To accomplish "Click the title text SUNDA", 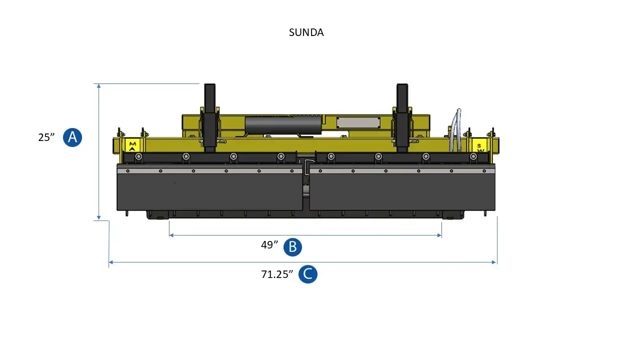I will point(306,32).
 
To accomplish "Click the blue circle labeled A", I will point(72,137).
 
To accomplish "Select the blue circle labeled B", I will point(292,246).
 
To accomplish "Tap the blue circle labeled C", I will point(307,274).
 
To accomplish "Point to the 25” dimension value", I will point(46,137).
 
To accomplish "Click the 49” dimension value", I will point(269,245).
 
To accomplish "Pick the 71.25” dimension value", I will point(276,274).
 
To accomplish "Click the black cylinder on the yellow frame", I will point(282,125).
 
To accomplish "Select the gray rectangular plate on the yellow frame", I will point(358,122).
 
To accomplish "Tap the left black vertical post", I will point(209,117).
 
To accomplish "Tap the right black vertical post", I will point(402,117).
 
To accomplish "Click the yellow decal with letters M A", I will point(132,145).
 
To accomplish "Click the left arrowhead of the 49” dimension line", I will point(171,235).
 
